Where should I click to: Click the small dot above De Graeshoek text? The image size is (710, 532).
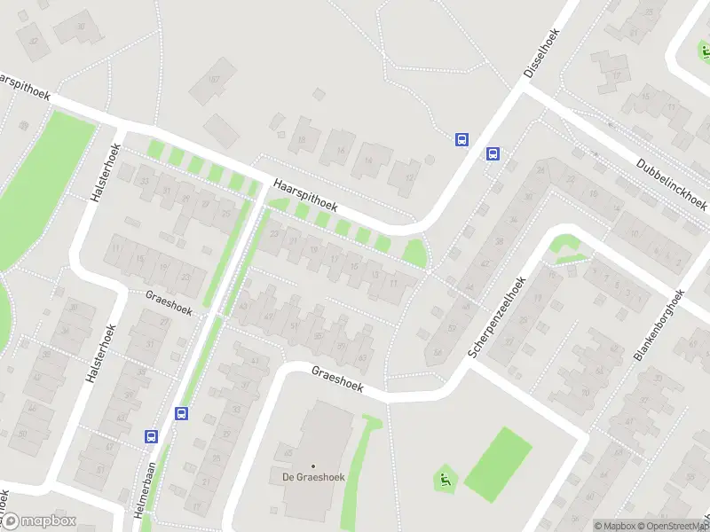pos(312,465)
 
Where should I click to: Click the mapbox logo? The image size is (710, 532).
pos(44,521)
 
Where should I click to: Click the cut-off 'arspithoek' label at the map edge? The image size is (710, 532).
pos(25,85)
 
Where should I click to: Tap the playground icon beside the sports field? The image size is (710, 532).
pos(443,480)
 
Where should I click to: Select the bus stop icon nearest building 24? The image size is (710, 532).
pos(493,153)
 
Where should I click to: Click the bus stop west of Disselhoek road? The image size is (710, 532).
pos(461,138)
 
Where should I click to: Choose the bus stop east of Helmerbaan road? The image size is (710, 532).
pos(182,412)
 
